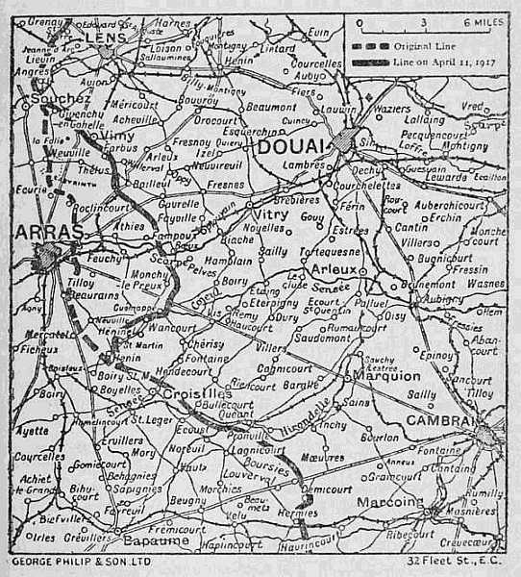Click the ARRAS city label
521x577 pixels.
(42, 233)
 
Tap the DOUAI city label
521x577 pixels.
(288, 146)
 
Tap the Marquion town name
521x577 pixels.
(386, 376)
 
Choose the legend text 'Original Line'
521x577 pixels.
(423, 45)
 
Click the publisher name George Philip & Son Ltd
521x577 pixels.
(69, 559)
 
